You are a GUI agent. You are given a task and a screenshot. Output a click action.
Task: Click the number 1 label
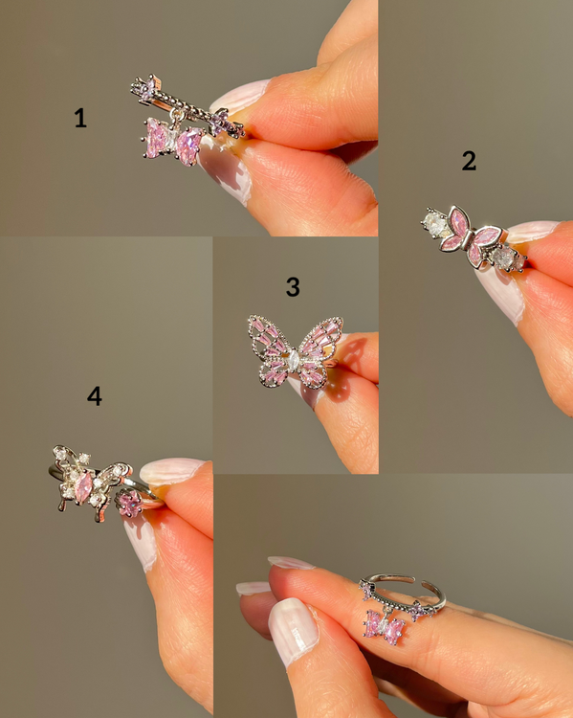click(80, 118)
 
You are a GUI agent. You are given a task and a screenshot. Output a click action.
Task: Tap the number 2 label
click(469, 161)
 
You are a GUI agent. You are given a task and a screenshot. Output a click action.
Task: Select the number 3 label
click(293, 287)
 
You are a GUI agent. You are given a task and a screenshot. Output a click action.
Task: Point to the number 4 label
click(95, 396)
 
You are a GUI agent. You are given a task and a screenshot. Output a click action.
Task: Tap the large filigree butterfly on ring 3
click(296, 351)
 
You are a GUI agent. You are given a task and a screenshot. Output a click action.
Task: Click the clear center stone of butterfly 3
click(293, 361)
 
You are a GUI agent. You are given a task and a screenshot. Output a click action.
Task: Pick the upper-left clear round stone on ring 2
click(435, 223)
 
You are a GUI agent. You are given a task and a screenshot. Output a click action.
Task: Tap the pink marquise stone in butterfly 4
click(84, 487)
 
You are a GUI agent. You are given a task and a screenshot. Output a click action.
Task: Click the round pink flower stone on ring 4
click(130, 504)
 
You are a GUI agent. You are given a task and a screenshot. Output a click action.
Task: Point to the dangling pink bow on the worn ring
click(385, 626)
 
